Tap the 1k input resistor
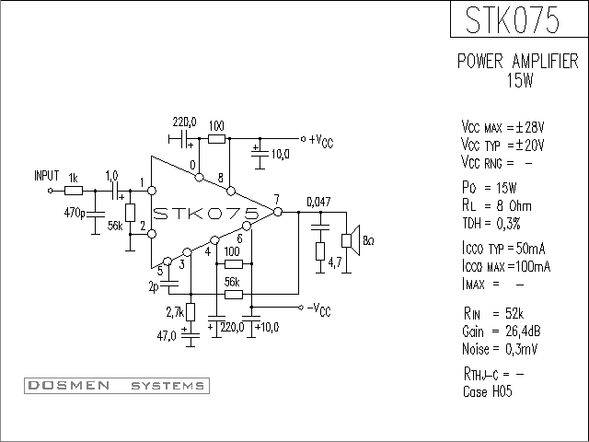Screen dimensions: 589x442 [74, 191]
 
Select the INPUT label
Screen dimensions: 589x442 [47, 176]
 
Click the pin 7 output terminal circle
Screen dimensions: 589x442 [278, 212]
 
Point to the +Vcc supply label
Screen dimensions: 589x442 [321, 141]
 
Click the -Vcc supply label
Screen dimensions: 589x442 [319, 309]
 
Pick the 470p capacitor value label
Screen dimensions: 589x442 [75, 213]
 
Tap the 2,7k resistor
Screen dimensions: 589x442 [191, 312]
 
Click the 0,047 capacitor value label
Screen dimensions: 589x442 [319, 203]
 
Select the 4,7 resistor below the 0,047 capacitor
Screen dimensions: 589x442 [320, 251]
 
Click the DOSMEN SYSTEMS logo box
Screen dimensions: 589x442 [117, 386]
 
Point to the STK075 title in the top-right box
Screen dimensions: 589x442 [513, 19]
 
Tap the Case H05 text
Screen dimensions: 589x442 [488, 391]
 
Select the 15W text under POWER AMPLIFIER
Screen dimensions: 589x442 [520, 80]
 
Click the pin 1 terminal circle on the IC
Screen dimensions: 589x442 [152, 191]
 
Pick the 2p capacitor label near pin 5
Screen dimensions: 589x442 [154, 287]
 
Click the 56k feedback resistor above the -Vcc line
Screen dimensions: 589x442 [234, 295]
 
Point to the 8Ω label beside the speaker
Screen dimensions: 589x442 [368, 241]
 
